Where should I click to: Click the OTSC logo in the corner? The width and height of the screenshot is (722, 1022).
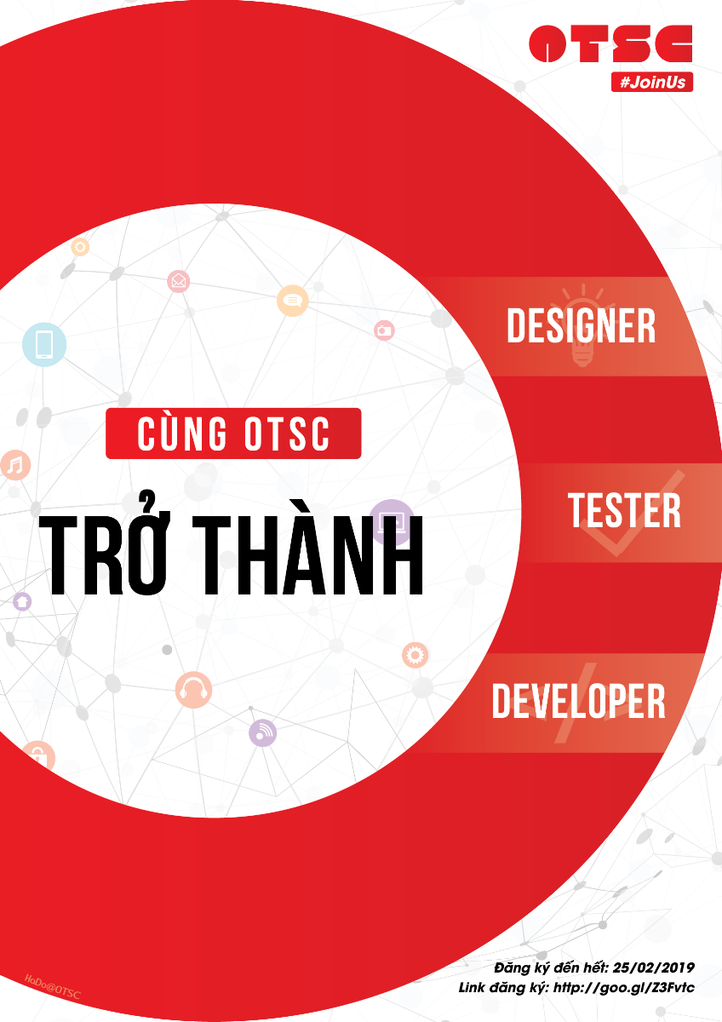coord(610,43)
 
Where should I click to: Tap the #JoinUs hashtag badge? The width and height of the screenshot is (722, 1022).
coord(652,82)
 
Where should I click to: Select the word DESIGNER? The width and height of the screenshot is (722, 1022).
coord(581,325)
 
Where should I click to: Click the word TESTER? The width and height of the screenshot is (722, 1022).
coord(624,510)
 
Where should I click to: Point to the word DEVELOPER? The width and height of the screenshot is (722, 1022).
coord(578,701)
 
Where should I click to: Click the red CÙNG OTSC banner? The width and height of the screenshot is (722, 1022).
coord(233,433)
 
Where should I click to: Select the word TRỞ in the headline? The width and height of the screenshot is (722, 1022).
coord(104,546)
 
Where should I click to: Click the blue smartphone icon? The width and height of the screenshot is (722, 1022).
coord(44,344)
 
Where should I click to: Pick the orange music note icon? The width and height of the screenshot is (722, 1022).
coord(15,465)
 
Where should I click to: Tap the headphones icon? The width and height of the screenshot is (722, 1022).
coord(193,690)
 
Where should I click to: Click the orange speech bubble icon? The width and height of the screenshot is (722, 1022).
coord(293,301)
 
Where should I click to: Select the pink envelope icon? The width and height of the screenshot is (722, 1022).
coord(178,281)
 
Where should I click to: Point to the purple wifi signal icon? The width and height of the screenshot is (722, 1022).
coord(263,732)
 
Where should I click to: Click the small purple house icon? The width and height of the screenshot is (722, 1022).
coord(22,601)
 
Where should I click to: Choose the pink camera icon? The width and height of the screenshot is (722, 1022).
coord(384,330)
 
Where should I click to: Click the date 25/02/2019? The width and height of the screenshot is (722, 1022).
coord(654,967)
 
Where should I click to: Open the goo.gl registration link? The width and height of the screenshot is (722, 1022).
coord(624,988)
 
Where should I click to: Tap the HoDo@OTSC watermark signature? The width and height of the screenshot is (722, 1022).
coord(53,986)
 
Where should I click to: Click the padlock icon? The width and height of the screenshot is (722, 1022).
coord(38,758)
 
